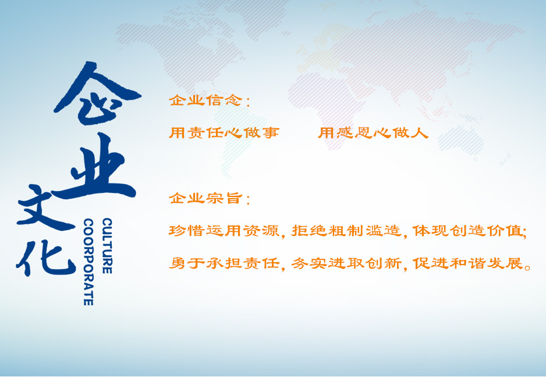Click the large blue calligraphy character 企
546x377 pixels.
(x=97, y=93)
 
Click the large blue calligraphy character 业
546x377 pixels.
(x=94, y=167)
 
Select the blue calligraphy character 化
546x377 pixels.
(x=45, y=257)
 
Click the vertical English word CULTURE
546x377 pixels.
(x=107, y=246)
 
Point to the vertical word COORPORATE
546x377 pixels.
(x=88, y=262)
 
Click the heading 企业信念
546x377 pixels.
(x=205, y=100)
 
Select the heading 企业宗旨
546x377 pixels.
(x=205, y=198)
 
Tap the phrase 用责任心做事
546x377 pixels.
(x=224, y=132)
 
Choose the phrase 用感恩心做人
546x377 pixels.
(x=373, y=132)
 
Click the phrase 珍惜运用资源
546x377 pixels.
(x=224, y=231)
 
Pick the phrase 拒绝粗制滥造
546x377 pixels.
(x=346, y=231)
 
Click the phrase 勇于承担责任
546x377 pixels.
(x=224, y=263)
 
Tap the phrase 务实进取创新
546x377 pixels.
(x=346, y=263)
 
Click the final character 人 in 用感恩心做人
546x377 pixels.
(x=420, y=132)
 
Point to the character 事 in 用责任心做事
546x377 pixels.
(x=271, y=132)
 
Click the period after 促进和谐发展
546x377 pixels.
(x=527, y=267)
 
